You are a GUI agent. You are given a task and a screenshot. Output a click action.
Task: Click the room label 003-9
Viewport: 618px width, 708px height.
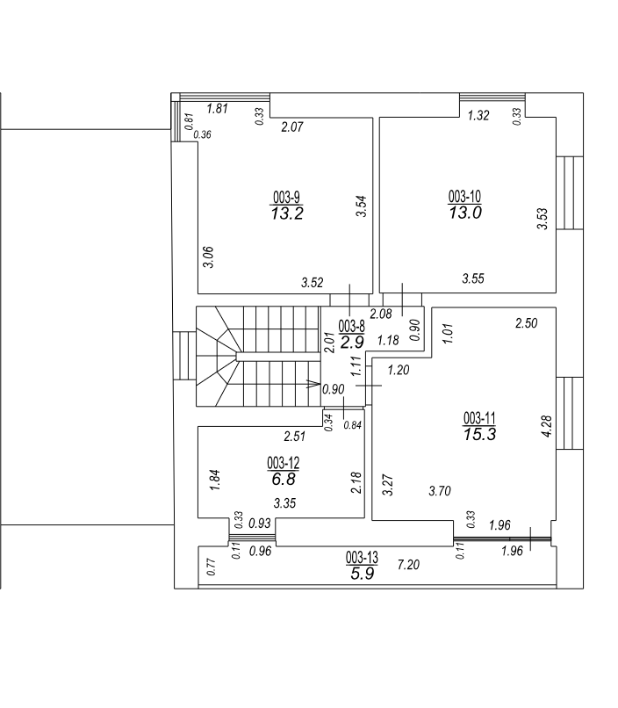286,198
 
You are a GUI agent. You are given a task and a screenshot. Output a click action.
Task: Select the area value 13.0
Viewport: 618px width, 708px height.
465,213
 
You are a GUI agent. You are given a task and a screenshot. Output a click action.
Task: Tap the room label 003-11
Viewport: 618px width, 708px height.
479,418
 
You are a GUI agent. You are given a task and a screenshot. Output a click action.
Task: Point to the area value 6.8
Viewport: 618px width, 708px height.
284,479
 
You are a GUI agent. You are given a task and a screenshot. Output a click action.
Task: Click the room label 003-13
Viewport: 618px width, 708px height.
362,558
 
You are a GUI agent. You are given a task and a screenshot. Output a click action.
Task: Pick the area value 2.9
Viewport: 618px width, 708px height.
352,343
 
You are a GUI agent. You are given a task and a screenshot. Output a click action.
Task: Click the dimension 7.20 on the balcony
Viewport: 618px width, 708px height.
408,565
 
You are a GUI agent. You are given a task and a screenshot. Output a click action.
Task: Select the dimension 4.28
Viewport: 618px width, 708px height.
547,426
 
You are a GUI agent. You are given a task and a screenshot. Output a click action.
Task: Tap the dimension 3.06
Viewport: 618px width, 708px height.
208,256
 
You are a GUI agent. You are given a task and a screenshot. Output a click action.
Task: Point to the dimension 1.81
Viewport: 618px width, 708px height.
217,109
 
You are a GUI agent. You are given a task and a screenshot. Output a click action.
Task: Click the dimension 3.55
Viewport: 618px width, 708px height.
473,278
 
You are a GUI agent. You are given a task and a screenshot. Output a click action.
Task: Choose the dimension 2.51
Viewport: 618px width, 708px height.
295,437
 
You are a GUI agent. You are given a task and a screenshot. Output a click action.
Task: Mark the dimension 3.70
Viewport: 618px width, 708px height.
440,491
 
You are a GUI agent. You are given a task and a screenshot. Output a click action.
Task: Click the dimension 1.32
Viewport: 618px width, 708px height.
478,116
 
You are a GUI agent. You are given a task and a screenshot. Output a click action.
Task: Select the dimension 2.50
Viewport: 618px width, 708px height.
527,323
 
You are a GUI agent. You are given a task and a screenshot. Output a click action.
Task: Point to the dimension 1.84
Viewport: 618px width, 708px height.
215,480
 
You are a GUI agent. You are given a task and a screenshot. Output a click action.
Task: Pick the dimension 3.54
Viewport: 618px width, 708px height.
362,206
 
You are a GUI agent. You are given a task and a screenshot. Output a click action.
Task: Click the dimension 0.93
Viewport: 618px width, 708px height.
260,524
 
